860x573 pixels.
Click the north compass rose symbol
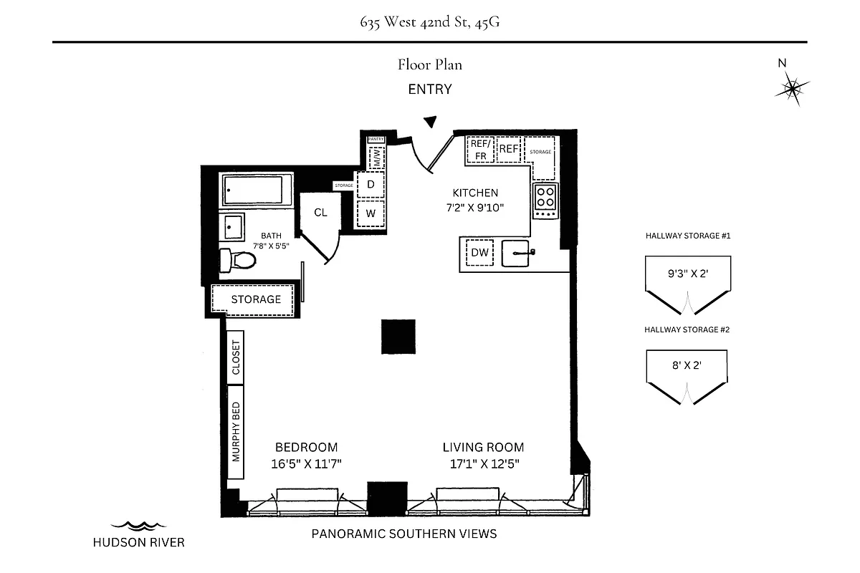(x=792, y=88)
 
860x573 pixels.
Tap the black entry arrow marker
(x=430, y=122)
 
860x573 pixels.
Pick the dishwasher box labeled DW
(x=480, y=253)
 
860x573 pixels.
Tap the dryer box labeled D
(x=371, y=184)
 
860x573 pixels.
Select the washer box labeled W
(x=371, y=213)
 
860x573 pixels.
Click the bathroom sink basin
(x=232, y=227)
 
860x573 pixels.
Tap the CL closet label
(x=320, y=213)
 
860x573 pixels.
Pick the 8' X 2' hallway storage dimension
(x=687, y=365)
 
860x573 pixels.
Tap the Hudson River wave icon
(x=138, y=526)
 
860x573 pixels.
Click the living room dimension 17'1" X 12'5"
(x=483, y=463)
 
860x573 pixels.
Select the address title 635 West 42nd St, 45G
(x=430, y=21)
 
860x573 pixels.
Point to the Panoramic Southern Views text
(x=403, y=534)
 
